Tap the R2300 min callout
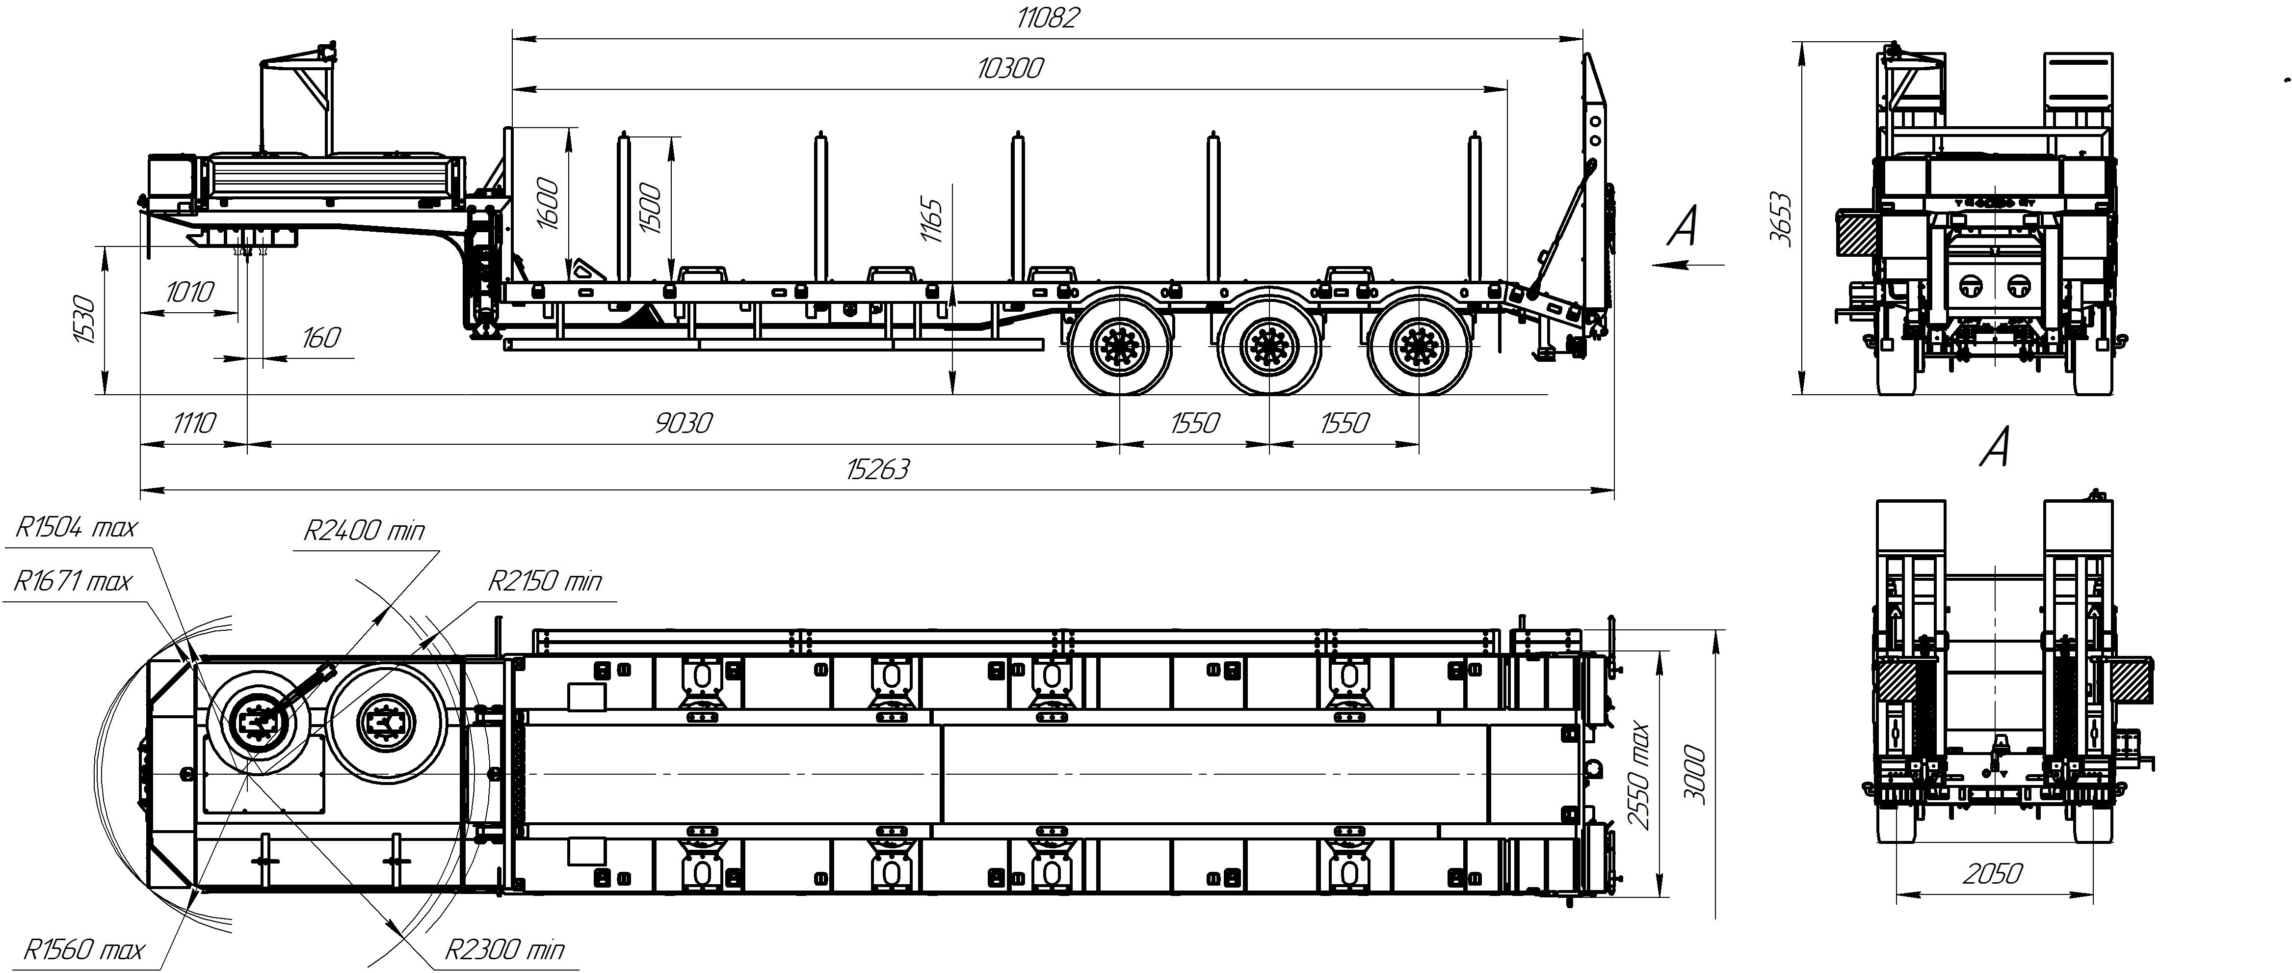pyautogui.click(x=504, y=950)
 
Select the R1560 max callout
pyautogui.click(x=83, y=950)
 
